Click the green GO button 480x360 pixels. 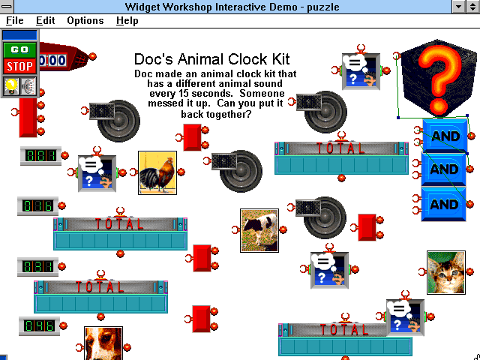[x=19, y=49]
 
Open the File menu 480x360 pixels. [x=15, y=21]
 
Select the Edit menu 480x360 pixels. [x=45, y=21]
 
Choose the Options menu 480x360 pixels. [x=85, y=21]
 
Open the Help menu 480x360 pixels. [x=127, y=21]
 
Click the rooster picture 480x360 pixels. [x=157, y=172]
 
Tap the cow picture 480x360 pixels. [x=259, y=230]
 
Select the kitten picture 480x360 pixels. [x=446, y=272]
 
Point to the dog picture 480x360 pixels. [x=103, y=343]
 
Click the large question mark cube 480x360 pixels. [x=438, y=78]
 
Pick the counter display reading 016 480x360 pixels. [x=37, y=206]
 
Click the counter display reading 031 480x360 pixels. [x=37, y=267]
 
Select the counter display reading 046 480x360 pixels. [x=39, y=326]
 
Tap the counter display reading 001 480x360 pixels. [x=40, y=156]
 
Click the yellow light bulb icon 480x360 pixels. [x=11, y=86]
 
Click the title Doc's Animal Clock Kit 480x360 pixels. [x=211, y=59]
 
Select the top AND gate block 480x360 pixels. [x=445, y=135]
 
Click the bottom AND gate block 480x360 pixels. [x=444, y=204]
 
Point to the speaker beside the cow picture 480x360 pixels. [x=322, y=217]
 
